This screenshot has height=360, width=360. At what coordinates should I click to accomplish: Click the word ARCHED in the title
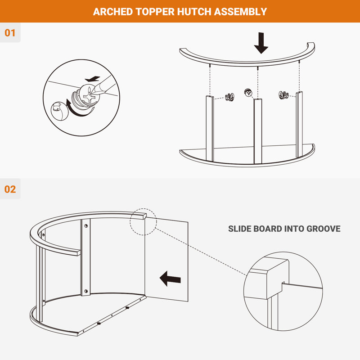(113, 12)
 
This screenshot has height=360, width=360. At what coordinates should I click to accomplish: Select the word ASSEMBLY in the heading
(240, 12)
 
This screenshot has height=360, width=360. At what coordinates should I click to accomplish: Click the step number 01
(10, 33)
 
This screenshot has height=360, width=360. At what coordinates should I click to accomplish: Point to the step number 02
(10, 189)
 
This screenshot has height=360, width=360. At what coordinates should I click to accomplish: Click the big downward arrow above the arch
(261, 43)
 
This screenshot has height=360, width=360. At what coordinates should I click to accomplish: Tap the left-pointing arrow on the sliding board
(170, 279)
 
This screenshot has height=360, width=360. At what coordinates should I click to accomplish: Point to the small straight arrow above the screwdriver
(92, 79)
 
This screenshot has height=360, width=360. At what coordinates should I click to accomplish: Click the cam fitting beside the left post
(229, 97)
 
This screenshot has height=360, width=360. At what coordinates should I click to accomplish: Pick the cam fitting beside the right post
(283, 95)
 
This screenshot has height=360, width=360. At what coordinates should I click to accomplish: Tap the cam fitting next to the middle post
(248, 93)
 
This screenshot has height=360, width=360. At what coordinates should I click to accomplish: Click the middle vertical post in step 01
(257, 131)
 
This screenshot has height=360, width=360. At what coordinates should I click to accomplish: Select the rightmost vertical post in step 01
(299, 125)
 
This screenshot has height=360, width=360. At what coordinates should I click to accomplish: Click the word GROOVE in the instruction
(324, 229)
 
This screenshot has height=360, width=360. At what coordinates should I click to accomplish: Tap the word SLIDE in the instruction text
(239, 229)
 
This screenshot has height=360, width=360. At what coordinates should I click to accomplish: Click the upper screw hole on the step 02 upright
(86, 226)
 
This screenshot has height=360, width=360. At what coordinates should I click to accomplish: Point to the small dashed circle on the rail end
(143, 222)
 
